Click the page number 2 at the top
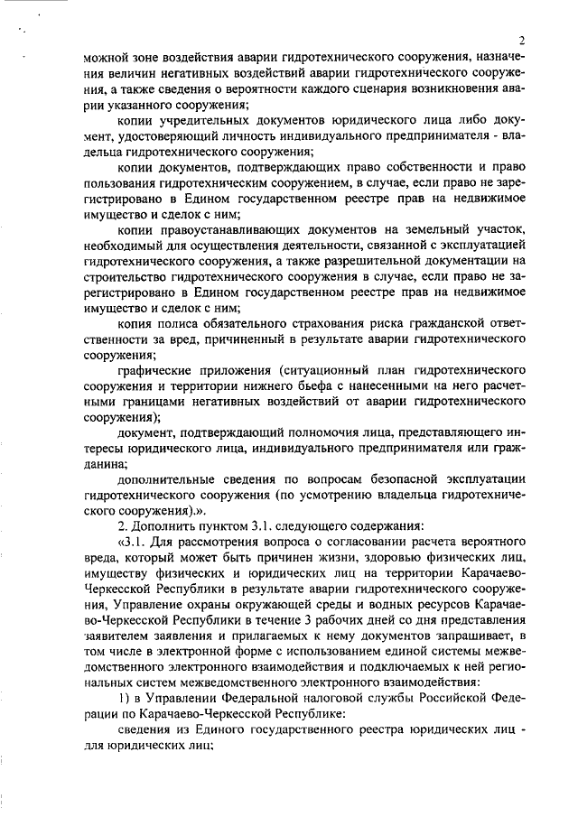pos(524,41)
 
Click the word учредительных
pos(209,121)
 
